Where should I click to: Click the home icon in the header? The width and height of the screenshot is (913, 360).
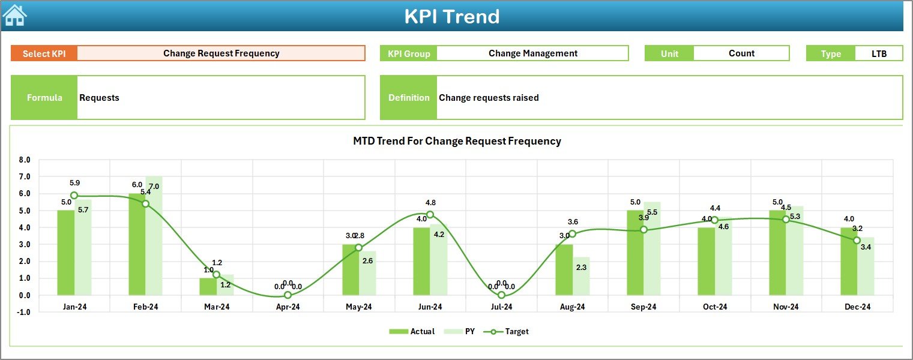point(14,16)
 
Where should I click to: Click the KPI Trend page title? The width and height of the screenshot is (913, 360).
point(451,16)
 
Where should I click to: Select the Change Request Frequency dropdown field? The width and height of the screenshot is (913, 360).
point(221,53)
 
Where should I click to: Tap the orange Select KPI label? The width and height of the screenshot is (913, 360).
point(44,53)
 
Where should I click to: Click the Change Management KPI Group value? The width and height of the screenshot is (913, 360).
point(532,53)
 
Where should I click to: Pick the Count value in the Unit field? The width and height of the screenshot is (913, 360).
point(741,53)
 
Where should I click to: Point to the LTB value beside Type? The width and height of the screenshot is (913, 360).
point(879,53)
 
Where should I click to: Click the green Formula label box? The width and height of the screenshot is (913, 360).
point(44,98)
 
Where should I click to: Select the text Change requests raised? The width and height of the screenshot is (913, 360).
point(489,98)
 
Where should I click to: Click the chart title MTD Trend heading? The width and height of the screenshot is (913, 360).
point(457,141)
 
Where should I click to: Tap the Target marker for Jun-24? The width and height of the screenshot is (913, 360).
point(430,214)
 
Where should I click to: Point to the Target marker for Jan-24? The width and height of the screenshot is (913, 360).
point(74,196)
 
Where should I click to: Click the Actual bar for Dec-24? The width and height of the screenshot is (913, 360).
point(849,261)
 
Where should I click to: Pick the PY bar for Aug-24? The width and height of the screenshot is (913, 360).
point(580,275)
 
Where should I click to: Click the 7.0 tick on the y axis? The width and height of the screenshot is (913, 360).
point(25,177)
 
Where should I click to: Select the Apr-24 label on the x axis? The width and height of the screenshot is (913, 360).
point(288,307)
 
